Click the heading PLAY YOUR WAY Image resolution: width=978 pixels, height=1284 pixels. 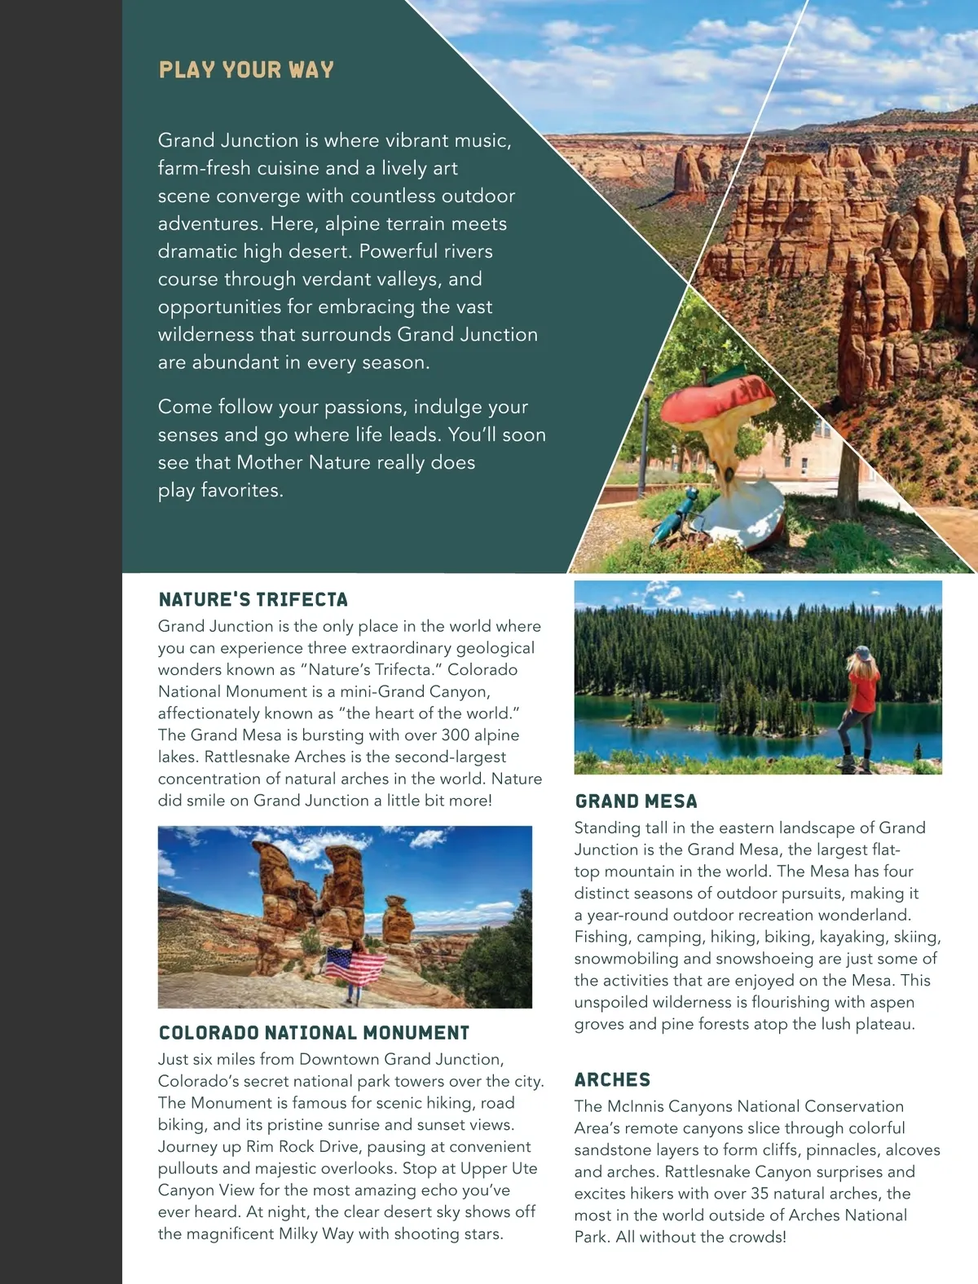(246, 69)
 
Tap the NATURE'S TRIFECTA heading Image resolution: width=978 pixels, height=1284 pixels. (253, 600)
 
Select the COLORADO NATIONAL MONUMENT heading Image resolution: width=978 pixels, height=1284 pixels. (314, 1033)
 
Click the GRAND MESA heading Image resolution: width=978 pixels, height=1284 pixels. (636, 801)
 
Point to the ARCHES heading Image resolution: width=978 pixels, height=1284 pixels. (612, 1080)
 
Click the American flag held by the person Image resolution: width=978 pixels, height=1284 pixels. (355, 966)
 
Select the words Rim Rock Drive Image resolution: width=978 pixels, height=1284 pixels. (301, 1147)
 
